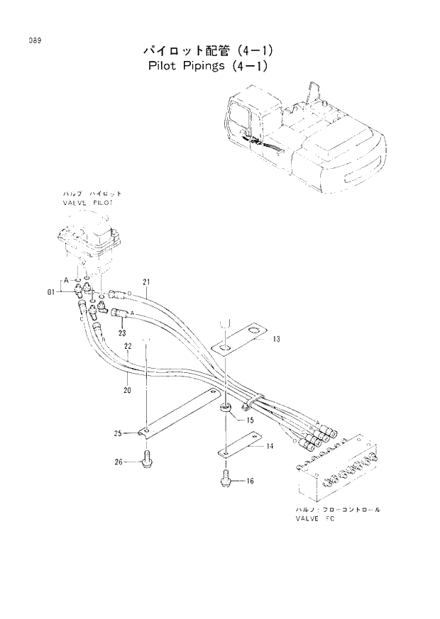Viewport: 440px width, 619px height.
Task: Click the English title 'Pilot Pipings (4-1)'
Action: coord(211,67)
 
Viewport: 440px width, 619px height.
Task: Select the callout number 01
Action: coord(52,291)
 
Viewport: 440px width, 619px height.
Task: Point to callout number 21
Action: coord(146,282)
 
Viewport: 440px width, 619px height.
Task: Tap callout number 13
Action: coord(276,340)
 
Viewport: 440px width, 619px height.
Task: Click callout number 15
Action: coord(250,420)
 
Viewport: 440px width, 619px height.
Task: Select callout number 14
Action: coord(270,447)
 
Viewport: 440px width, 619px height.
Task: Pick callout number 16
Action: coord(249,481)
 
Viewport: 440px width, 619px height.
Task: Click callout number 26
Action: coord(119,462)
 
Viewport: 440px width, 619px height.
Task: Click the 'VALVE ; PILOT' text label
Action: coord(87,203)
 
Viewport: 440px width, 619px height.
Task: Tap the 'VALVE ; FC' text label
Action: coord(314,519)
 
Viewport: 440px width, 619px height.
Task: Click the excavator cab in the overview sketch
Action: coord(243,116)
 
